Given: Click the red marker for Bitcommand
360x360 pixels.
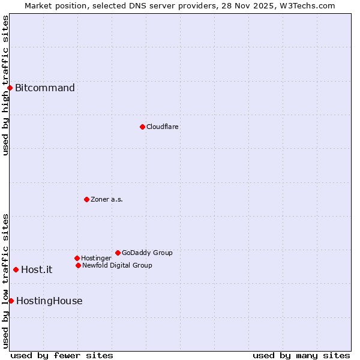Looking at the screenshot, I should coord(10,88).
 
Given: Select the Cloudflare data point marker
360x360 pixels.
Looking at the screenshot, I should coord(142,127).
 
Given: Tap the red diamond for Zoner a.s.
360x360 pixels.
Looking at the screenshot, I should coord(86,199).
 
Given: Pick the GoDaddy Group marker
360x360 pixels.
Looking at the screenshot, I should coord(118,253).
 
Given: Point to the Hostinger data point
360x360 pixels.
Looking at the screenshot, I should coord(77,258).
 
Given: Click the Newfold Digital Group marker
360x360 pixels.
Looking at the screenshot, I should coord(78,265).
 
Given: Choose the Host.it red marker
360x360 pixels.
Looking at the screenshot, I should coord(16,269).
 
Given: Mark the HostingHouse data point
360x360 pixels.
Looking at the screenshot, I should coord(11,301).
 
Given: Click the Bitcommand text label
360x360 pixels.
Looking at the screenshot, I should coord(45,88).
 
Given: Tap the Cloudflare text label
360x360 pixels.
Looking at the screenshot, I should coord(162,127).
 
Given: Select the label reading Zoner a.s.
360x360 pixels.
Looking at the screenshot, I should coord(107,199).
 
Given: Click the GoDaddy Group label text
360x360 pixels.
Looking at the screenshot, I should coord(147,253).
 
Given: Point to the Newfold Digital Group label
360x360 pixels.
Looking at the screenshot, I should coord(117,265).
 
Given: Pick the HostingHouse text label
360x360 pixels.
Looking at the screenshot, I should coord(49,301).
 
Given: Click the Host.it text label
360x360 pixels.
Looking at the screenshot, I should coord(37,269).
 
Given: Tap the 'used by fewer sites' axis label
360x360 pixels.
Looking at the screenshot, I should coord(62,355).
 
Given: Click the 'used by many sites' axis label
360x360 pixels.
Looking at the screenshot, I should coord(301,355).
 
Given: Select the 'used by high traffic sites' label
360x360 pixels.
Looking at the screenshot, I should coord(5,85).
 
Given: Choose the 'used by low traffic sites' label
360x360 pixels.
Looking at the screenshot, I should coord(5,281).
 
